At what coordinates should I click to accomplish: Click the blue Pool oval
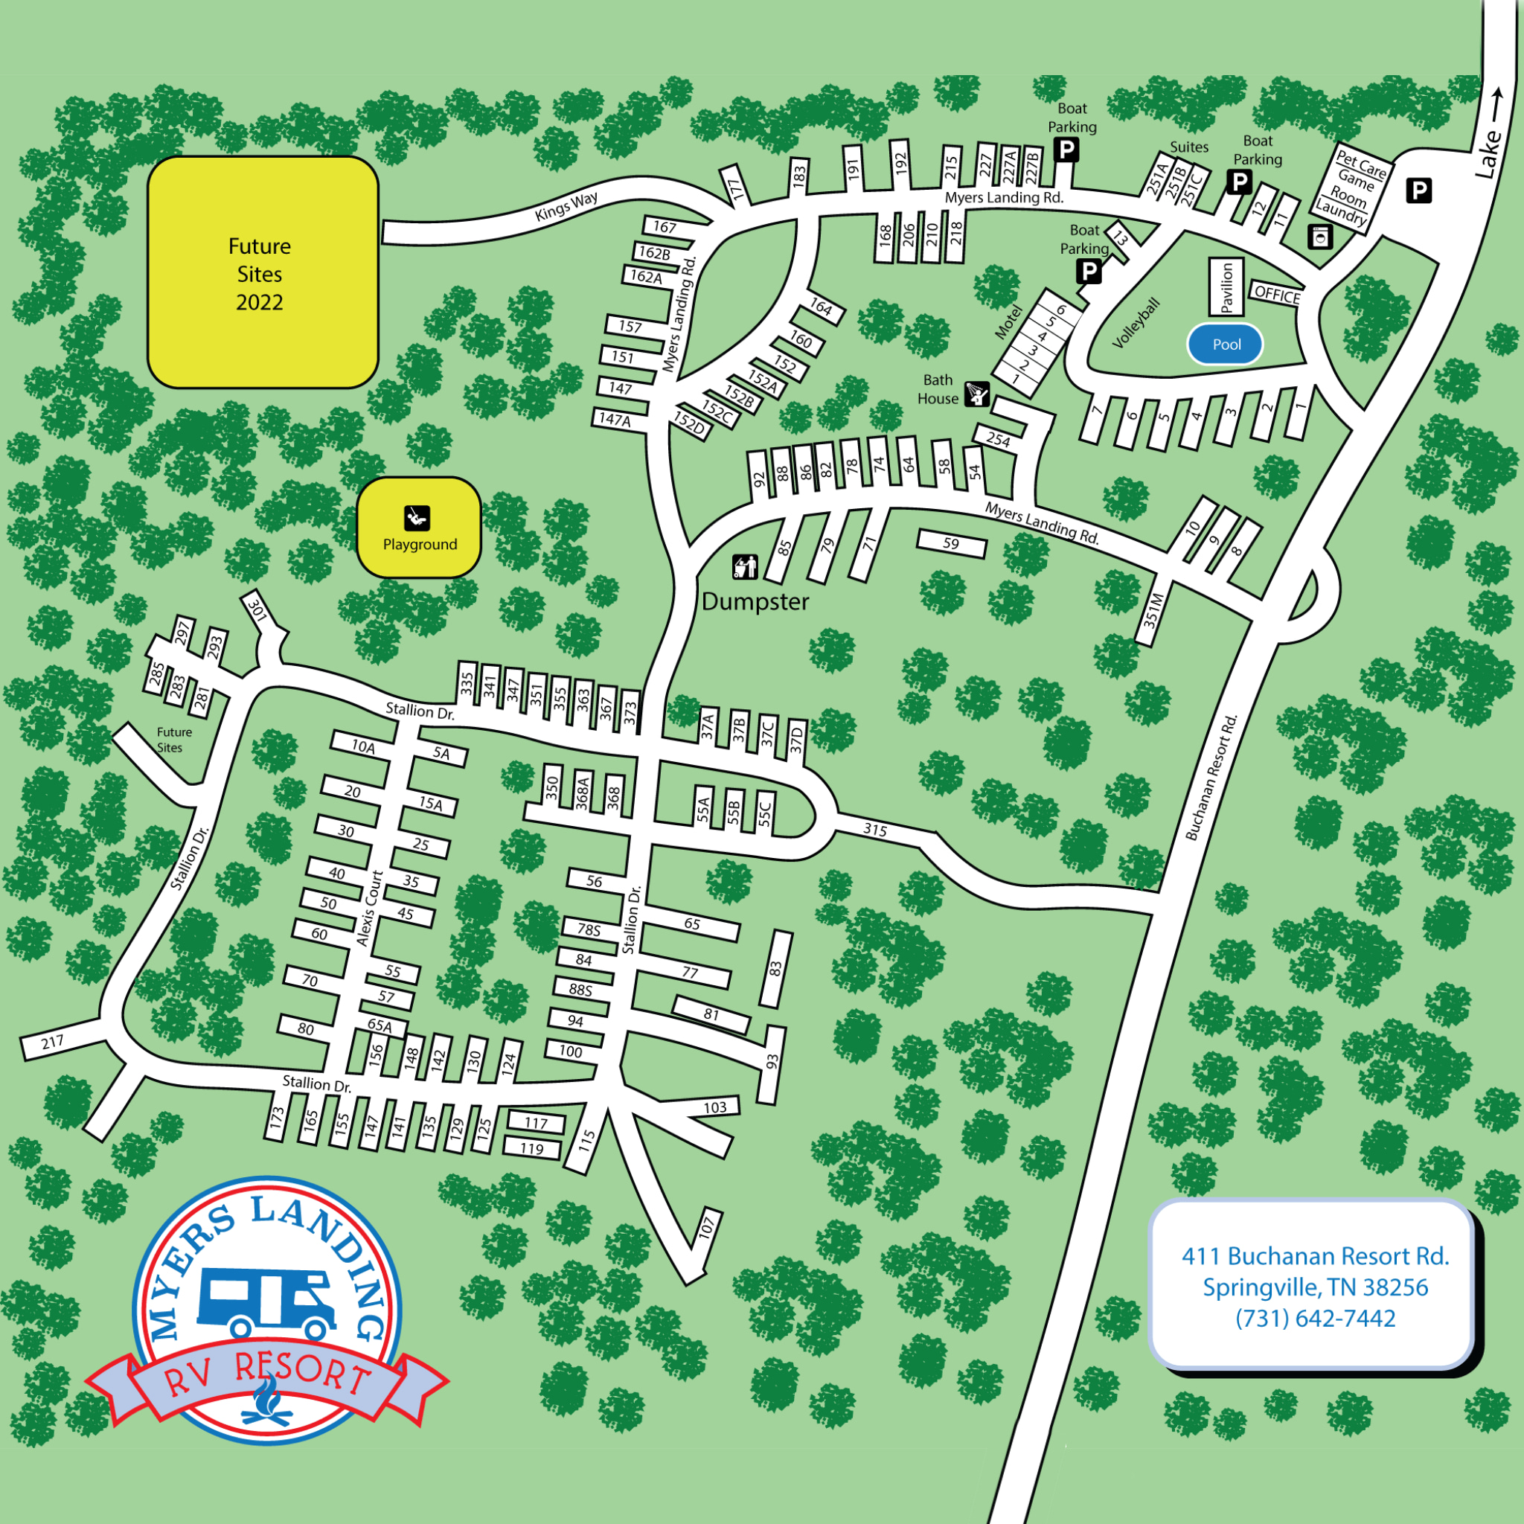(x=1225, y=345)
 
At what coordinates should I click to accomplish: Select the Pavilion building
(x=1226, y=287)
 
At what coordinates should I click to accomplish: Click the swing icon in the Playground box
(x=417, y=517)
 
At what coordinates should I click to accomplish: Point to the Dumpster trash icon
(x=745, y=566)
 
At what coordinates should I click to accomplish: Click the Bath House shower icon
(x=977, y=393)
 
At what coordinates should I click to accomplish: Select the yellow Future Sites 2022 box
(x=263, y=273)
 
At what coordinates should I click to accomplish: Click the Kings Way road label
(x=566, y=207)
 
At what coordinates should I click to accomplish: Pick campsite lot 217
(x=53, y=1042)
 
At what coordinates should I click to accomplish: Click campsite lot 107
(x=707, y=1226)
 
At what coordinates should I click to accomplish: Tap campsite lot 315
(x=875, y=829)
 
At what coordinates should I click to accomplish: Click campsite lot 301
(x=257, y=608)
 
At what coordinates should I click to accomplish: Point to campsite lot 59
(x=951, y=543)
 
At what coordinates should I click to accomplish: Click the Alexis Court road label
(x=369, y=907)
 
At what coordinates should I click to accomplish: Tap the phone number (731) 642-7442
(x=1315, y=1318)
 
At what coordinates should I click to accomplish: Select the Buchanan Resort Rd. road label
(x=1211, y=778)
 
